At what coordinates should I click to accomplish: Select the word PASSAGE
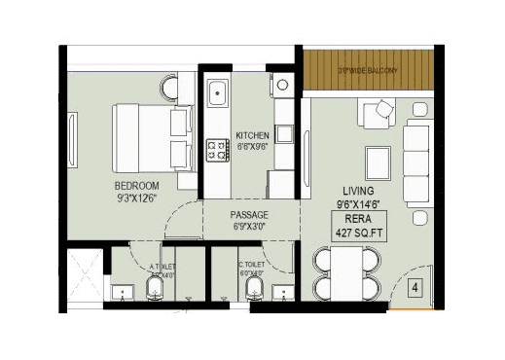(249, 214)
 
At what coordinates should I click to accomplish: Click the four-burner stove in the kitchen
(216, 149)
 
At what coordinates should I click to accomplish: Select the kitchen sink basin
(215, 95)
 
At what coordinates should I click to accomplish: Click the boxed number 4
(415, 288)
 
